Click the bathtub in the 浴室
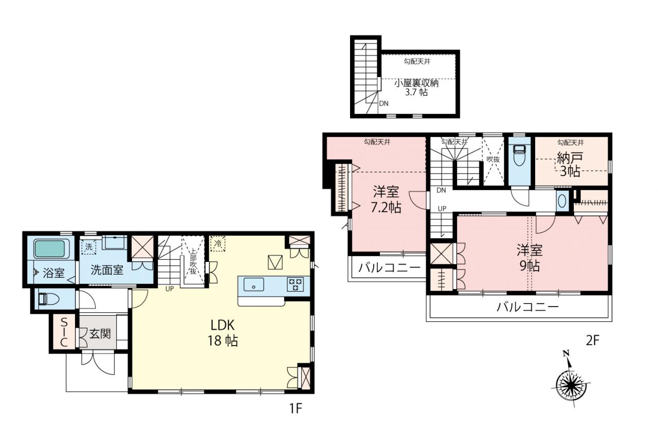(x=50, y=249)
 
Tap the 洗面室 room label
(x=107, y=270)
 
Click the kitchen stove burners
(x=296, y=284)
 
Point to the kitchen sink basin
(x=254, y=284)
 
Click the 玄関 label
(x=100, y=334)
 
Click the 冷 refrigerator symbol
(x=217, y=243)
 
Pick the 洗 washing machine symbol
(x=89, y=246)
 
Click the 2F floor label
(x=593, y=340)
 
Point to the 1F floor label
(x=296, y=408)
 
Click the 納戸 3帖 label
(x=570, y=165)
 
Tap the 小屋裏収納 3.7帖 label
(x=416, y=88)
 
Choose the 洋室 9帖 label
(x=529, y=258)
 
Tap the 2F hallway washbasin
(x=562, y=201)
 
